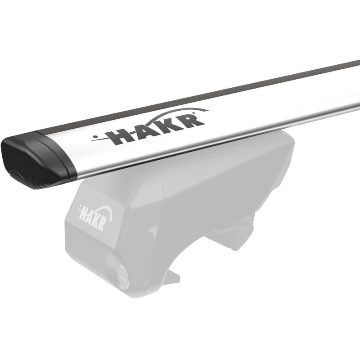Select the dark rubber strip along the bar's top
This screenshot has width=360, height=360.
(x=198, y=96)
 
